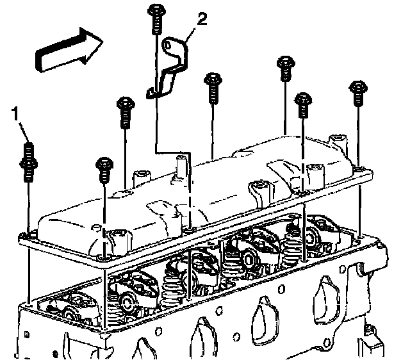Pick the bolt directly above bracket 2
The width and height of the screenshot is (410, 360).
click(155, 17)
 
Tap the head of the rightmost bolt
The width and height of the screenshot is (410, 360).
click(357, 86)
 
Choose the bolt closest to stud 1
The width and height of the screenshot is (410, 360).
click(102, 168)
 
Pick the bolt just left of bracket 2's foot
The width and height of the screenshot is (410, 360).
click(124, 106)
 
